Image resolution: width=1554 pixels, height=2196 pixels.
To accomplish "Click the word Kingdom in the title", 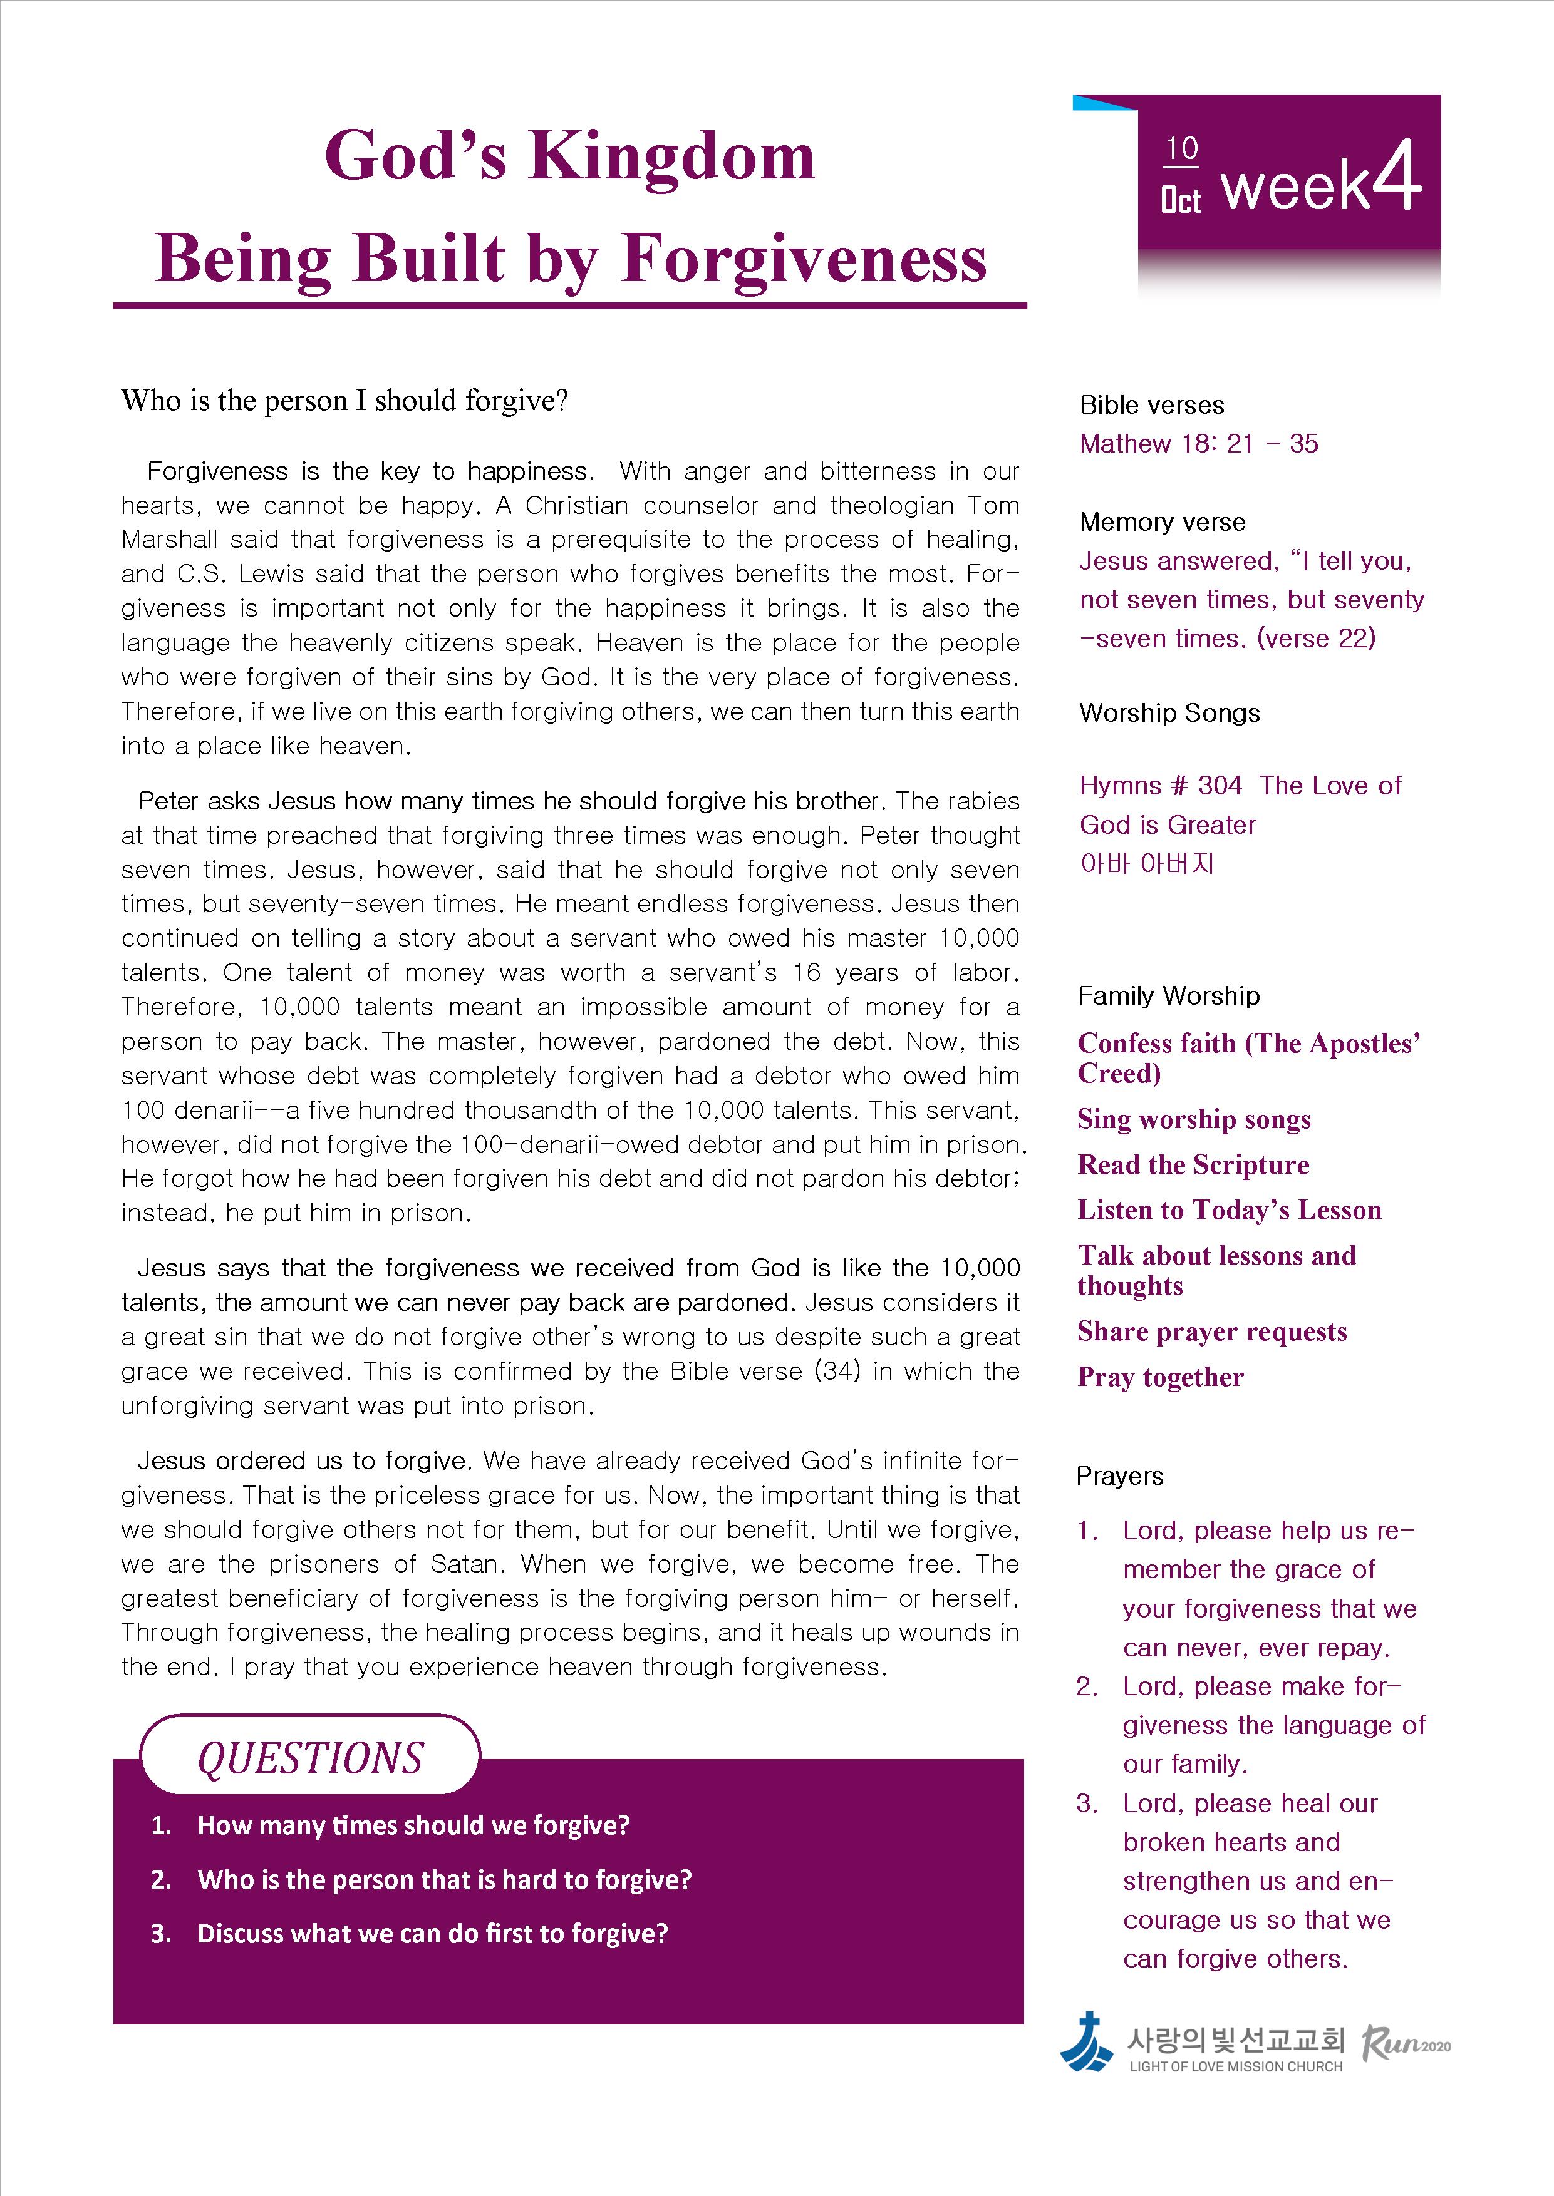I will (671, 156).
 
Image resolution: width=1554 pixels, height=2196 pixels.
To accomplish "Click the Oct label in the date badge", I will (1180, 200).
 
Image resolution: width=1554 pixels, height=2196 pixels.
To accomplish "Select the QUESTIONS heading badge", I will (310, 1758).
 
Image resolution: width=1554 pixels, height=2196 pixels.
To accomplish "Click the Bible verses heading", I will (1151, 404).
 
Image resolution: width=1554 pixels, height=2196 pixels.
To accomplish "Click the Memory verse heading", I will (1162, 521).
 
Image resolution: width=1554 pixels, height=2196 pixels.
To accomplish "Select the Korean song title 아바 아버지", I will (1146, 864).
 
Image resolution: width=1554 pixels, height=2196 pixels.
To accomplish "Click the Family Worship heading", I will (1168, 996).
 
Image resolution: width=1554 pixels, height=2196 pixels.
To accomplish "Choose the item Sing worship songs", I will (1193, 1119).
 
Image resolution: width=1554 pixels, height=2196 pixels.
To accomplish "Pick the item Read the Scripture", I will (1193, 1164).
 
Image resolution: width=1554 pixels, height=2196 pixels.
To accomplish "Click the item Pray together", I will (1160, 1377).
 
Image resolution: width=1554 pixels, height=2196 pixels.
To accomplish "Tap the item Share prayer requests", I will (1211, 1331).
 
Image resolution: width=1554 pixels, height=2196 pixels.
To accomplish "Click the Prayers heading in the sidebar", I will (1119, 1476).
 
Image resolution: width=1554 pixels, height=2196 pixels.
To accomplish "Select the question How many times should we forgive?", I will (413, 1825).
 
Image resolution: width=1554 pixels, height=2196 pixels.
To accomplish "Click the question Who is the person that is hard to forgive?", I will (444, 1879).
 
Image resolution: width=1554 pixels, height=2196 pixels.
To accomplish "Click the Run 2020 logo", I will (1405, 2044).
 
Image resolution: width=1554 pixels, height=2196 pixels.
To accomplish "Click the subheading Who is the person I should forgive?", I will (344, 400).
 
